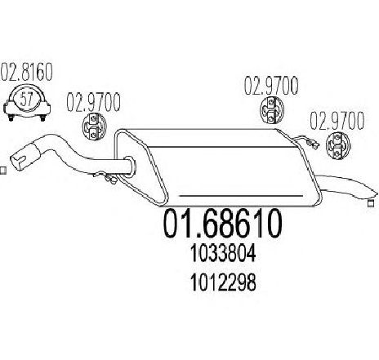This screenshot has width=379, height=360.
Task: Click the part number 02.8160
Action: [27, 72]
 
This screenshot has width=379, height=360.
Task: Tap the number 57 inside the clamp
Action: [27, 99]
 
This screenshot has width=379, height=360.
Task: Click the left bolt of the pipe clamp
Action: [11, 118]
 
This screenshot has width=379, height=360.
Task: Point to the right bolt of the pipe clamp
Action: [42, 118]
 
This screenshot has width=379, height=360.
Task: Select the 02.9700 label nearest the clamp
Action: [93, 103]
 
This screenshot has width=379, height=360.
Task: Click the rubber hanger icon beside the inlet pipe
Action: [93, 127]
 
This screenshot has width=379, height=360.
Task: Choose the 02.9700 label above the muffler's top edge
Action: [271, 87]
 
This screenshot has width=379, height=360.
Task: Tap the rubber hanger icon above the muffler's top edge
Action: [271, 111]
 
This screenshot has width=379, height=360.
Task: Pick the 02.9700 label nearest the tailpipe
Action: [337, 121]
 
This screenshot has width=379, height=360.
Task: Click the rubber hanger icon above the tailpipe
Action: [337, 145]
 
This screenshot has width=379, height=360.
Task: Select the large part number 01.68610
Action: [222, 223]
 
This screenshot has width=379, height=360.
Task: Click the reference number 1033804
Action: [223, 253]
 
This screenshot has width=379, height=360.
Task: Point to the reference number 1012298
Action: [223, 282]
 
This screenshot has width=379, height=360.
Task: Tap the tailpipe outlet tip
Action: [372, 193]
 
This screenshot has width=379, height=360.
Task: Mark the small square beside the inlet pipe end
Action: [2, 171]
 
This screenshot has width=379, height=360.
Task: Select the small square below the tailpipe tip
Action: [370, 203]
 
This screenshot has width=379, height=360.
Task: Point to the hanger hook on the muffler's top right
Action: [306, 142]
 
